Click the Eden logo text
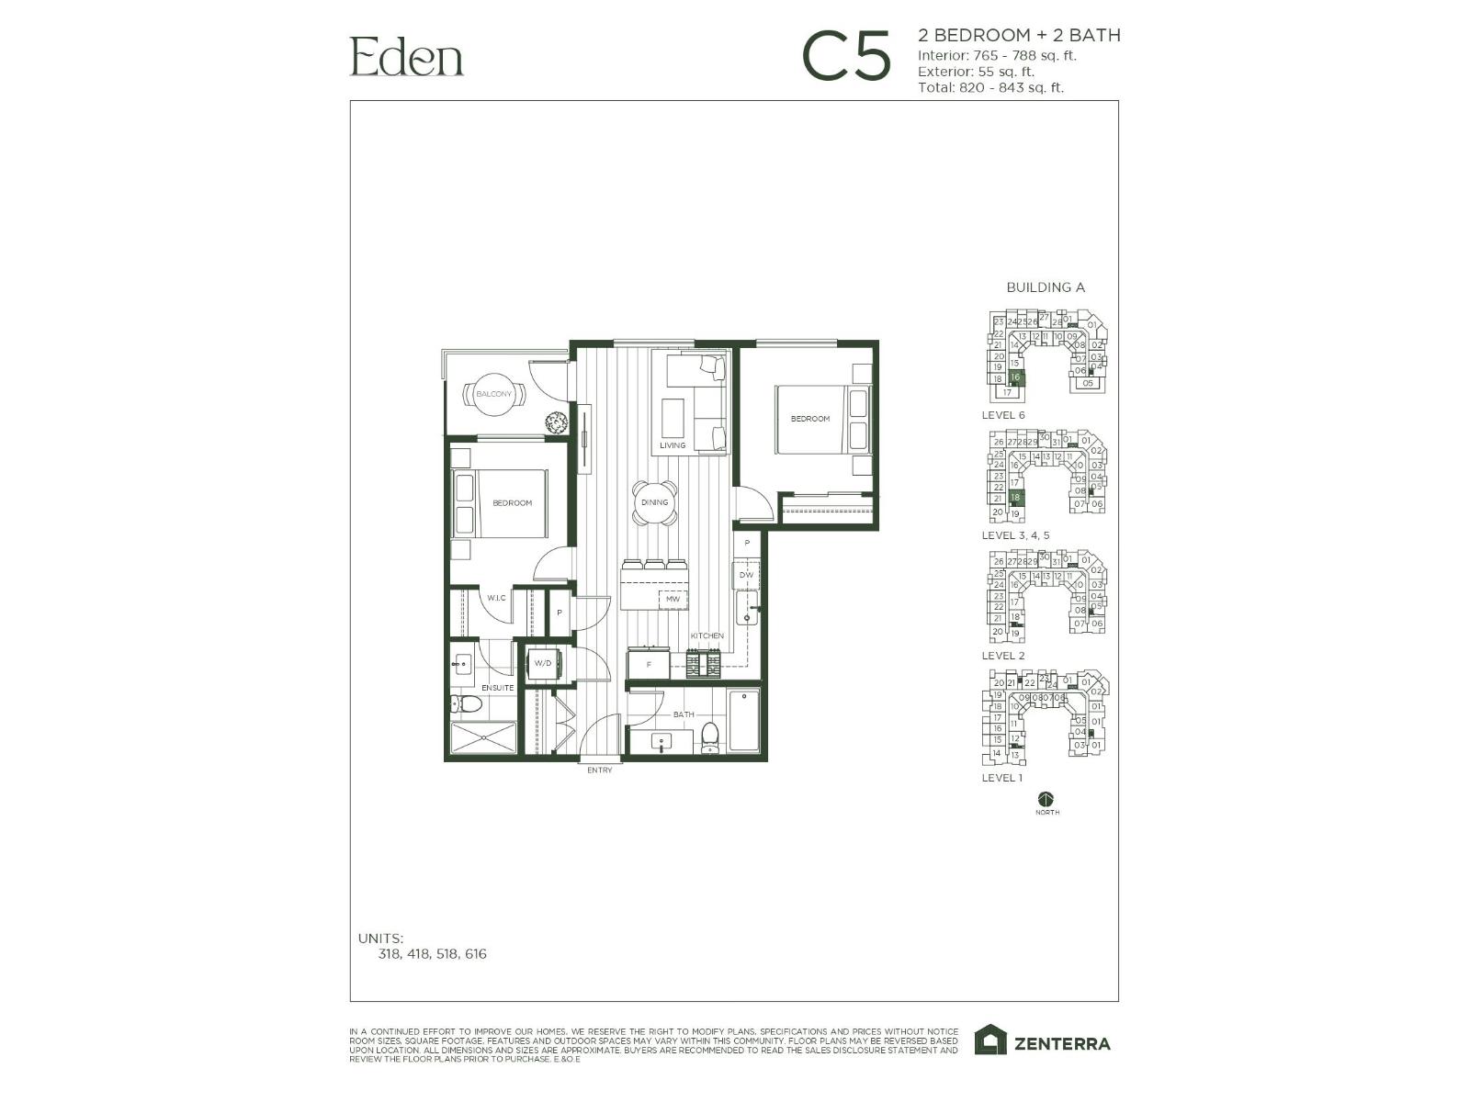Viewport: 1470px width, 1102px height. click(x=406, y=56)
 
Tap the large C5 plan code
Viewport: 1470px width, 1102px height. click(x=846, y=56)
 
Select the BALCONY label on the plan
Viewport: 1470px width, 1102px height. click(x=494, y=394)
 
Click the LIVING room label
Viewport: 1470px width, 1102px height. click(x=672, y=445)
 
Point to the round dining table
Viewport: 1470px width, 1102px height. click(x=655, y=503)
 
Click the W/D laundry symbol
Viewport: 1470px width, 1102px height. click(x=543, y=663)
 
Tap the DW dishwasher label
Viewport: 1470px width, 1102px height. click(x=745, y=576)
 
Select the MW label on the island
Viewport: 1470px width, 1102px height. click(x=673, y=600)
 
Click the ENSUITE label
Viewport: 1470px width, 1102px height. click(x=497, y=688)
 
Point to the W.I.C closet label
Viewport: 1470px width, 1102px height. click(x=496, y=599)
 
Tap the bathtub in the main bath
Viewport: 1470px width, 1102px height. click(x=744, y=721)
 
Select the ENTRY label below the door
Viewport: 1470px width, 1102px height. click(x=599, y=770)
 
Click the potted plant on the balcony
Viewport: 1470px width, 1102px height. click(x=556, y=423)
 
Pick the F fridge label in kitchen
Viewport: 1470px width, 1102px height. click(x=649, y=664)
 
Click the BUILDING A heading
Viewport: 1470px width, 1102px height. click(x=1046, y=287)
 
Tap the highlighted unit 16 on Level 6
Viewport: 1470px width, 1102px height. click(x=1015, y=377)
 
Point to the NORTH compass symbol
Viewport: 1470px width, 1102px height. click(x=1046, y=799)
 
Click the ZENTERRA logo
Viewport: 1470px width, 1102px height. click(x=1043, y=1042)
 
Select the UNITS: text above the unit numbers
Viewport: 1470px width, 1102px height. click(x=380, y=939)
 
